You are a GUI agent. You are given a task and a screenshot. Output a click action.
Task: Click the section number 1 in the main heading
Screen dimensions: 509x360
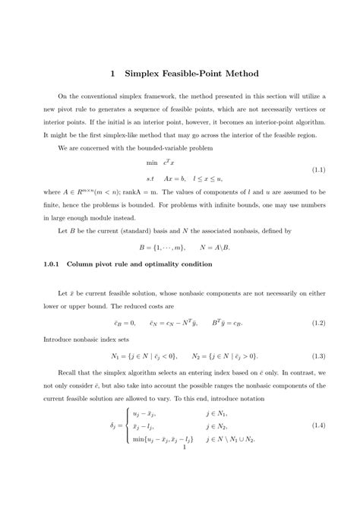112,74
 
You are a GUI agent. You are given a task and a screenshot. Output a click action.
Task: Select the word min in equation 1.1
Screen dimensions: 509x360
152,162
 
